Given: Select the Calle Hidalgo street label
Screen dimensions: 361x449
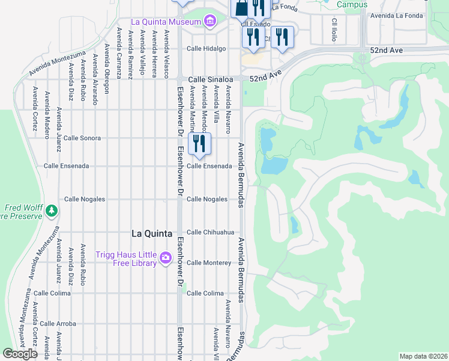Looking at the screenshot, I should tap(206, 49).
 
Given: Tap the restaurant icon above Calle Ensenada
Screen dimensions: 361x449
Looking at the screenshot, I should tap(199, 143).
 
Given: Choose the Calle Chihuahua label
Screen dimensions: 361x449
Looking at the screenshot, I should tap(209, 232).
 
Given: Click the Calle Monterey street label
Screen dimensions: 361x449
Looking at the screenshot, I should tap(208, 263).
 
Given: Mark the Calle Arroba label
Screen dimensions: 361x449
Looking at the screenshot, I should tap(58, 324).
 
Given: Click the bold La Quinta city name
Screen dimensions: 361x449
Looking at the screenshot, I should tap(152, 233).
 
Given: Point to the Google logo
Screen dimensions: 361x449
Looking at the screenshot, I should tap(20, 354).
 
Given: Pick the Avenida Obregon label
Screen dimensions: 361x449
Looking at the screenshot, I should tap(107, 68).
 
